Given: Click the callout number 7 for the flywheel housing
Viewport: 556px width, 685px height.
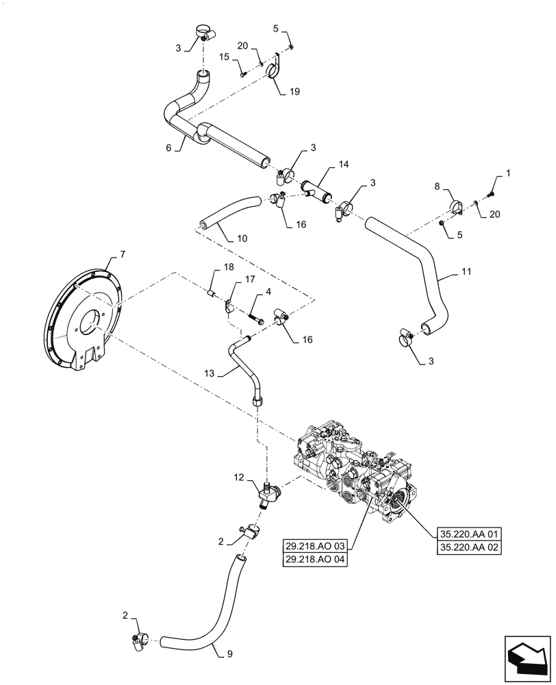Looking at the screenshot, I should pyautogui.click(x=123, y=256).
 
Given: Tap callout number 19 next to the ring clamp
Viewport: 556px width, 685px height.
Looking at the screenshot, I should pyautogui.click(x=294, y=90).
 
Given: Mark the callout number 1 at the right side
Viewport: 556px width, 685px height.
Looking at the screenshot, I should pyautogui.click(x=507, y=175).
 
